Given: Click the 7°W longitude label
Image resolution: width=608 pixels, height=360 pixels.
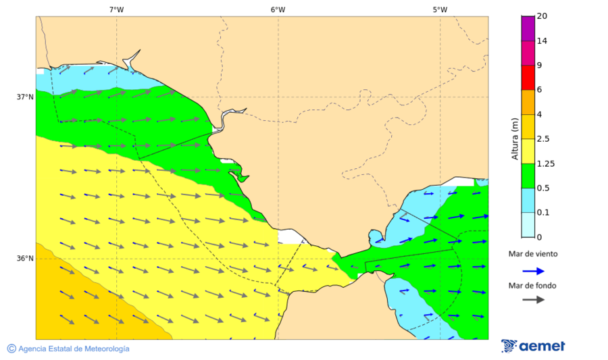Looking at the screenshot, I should tap(116, 9).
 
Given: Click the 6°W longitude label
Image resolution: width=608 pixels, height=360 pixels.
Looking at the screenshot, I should tap(278, 9).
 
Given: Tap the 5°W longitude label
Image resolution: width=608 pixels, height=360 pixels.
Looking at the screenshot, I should tap(440, 9).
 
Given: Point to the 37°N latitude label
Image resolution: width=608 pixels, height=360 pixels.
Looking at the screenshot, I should tap(25, 97).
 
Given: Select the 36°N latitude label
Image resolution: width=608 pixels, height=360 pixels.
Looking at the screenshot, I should tap(25, 258).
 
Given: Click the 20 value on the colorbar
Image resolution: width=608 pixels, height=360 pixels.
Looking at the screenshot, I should tap(541, 16).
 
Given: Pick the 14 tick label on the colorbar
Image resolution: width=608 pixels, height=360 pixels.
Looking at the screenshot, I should tap(541, 41).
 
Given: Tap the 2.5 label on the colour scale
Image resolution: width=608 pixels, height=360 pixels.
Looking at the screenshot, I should tap(542, 138).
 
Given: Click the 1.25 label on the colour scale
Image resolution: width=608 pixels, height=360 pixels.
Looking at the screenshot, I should tap(544, 163).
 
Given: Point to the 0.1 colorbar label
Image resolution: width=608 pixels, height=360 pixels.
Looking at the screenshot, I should tap(542, 212).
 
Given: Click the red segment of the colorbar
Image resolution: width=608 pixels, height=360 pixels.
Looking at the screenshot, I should tap(528, 77).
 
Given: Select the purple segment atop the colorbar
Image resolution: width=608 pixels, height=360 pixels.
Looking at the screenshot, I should tap(528, 28).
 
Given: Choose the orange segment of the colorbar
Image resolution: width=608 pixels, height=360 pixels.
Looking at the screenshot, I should tap(528, 101).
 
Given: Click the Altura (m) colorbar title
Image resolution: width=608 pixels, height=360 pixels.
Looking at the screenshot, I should tap(515, 138).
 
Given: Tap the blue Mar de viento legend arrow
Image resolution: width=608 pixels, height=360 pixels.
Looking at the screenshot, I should tap(534, 271).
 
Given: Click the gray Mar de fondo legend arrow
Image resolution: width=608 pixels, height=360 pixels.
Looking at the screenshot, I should tap(534, 299).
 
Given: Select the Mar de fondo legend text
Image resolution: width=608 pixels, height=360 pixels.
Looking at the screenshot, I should tap(533, 286).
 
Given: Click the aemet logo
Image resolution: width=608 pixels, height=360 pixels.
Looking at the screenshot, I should tap(534, 346).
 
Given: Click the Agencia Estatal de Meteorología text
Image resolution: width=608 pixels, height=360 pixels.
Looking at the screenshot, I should tap(74, 349).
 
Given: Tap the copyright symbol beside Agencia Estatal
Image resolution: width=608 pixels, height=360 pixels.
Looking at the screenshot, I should tap(11, 349).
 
